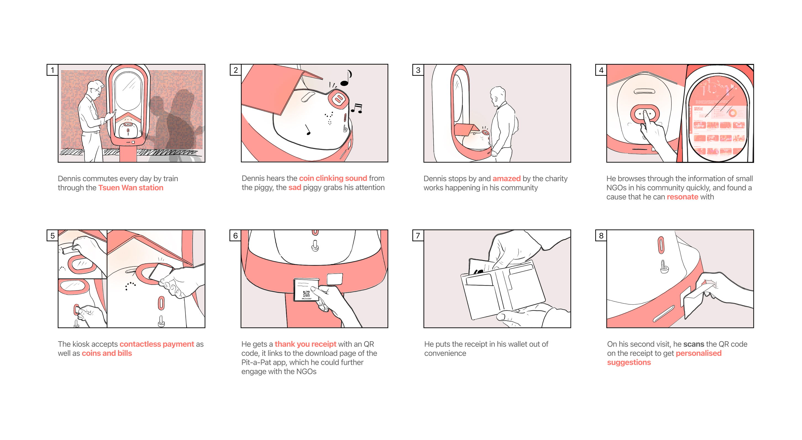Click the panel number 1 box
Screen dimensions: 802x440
[x=52, y=70]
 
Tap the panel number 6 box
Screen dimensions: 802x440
[x=235, y=235]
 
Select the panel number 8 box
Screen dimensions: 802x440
[x=601, y=235]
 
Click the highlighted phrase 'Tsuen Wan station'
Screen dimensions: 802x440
[x=131, y=188]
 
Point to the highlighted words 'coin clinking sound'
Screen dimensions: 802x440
[x=333, y=179]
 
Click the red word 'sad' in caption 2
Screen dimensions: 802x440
[x=295, y=187]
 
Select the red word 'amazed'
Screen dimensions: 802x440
[x=506, y=179]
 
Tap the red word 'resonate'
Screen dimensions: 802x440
[x=682, y=197]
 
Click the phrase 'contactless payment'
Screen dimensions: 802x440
[x=157, y=344]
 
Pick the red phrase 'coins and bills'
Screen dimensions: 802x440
[x=107, y=353]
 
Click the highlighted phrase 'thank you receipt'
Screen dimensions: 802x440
[x=305, y=344]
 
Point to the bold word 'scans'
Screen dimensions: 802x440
[x=693, y=344]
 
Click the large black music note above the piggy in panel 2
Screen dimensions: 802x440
[x=346, y=78]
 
